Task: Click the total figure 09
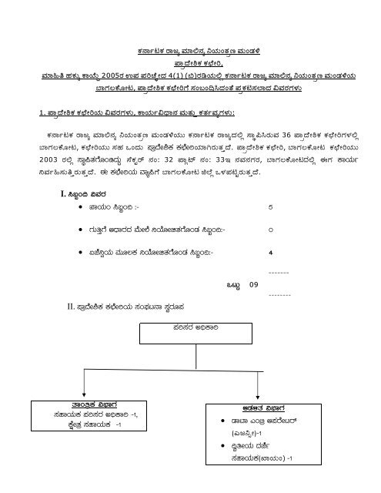255,287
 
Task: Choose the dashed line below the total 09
279,295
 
